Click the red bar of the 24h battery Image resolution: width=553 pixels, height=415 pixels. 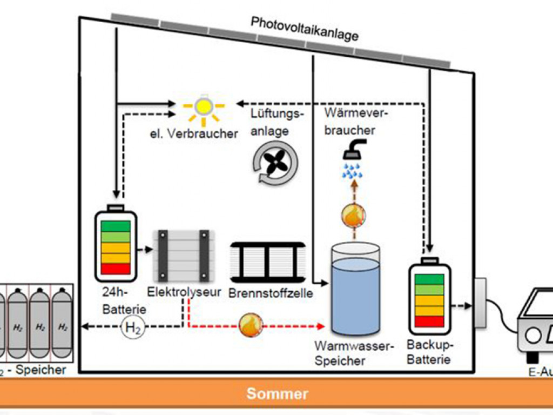(x=116, y=269)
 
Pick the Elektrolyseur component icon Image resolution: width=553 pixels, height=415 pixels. (x=184, y=257)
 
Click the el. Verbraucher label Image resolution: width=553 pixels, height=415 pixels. (x=194, y=133)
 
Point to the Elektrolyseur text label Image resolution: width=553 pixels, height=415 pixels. (x=184, y=292)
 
